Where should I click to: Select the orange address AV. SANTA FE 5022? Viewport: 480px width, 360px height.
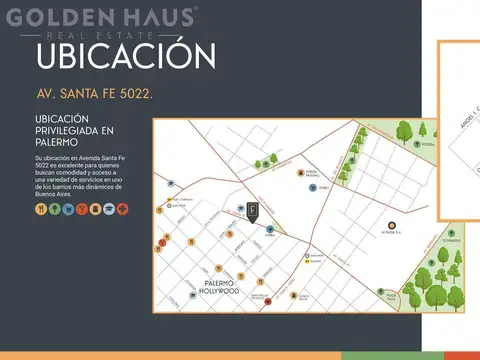pyautogui.click(x=94, y=98)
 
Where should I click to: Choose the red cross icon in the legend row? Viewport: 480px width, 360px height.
pyautogui.click(x=123, y=209)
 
